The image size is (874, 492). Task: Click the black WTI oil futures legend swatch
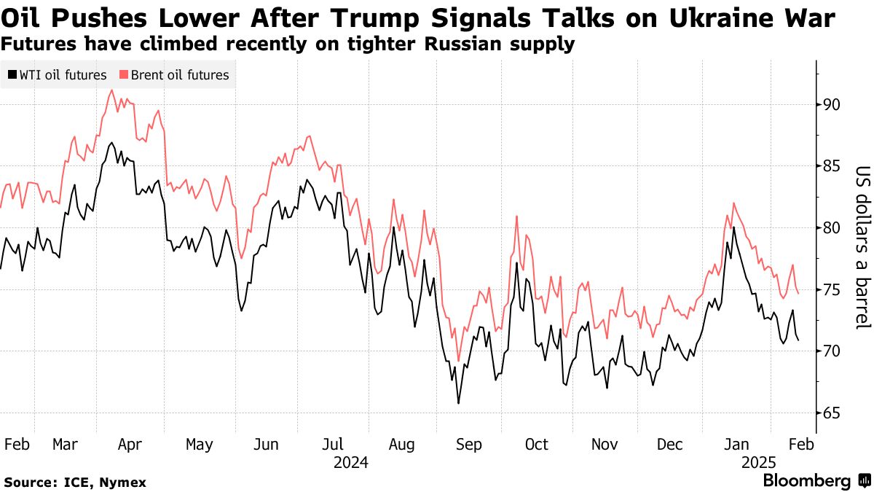(x=12, y=74)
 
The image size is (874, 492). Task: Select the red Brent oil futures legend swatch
(x=124, y=74)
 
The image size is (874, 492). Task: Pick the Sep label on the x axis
(x=469, y=445)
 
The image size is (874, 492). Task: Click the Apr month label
(x=130, y=445)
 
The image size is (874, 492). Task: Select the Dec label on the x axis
(x=669, y=445)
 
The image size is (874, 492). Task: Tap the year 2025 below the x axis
(x=759, y=463)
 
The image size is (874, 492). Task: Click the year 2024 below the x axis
(x=351, y=463)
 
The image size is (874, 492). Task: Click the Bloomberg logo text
(x=807, y=480)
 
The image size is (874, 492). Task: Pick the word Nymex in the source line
(x=123, y=483)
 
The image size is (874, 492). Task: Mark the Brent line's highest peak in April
(x=112, y=90)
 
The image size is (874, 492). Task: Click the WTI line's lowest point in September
(x=458, y=403)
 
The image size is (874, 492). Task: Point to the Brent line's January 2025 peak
(x=734, y=203)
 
